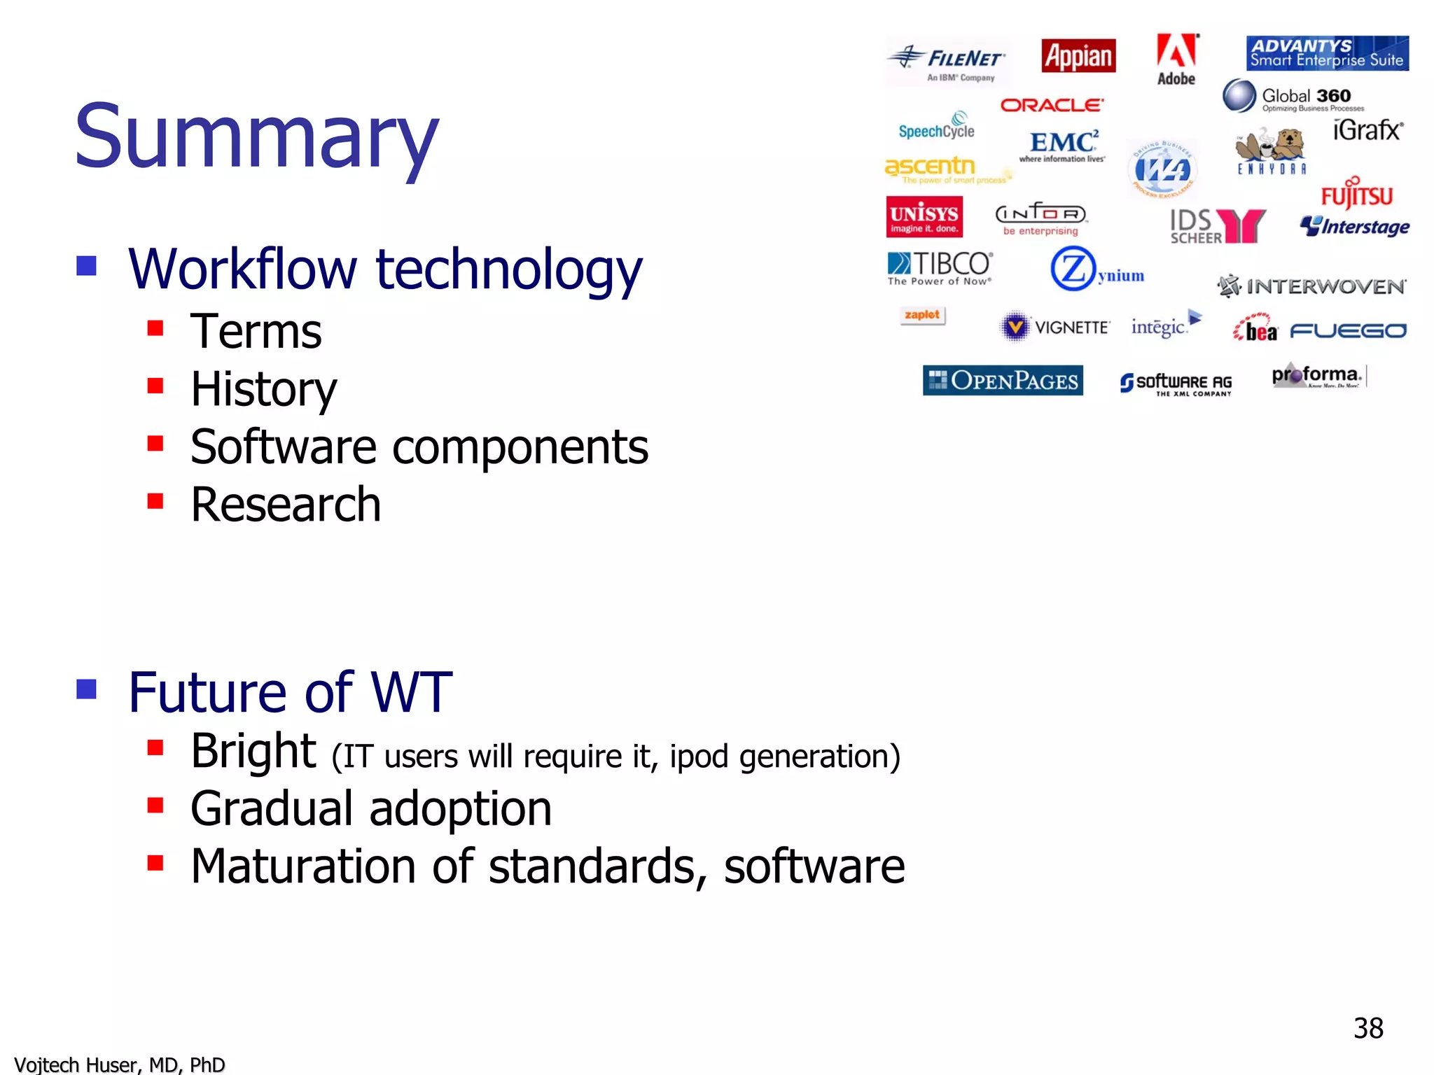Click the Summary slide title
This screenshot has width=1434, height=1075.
point(256,136)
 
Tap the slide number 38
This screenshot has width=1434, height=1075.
point(1367,1028)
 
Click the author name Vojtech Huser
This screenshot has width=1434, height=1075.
point(119,1065)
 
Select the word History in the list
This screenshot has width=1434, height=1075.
point(263,389)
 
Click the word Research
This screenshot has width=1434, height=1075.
point(286,505)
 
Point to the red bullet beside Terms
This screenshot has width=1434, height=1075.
point(155,328)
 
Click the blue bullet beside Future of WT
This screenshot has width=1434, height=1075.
point(86,689)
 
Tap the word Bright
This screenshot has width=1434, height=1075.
point(253,751)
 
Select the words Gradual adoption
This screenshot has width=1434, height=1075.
point(371,808)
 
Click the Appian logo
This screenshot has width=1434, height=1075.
point(1078,56)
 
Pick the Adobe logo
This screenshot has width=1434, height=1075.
point(1176,59)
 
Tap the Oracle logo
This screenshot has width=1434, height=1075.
point(1052,105)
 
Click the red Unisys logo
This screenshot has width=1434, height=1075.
point(924,217)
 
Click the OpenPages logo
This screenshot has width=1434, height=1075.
point(1003,381)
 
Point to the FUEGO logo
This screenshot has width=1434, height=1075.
point(1348,331)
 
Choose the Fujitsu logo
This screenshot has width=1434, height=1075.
point(1356,195)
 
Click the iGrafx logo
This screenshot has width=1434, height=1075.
point(1367,130)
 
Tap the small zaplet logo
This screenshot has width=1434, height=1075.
point(922,316)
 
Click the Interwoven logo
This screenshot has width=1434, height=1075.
point(1311,286)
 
